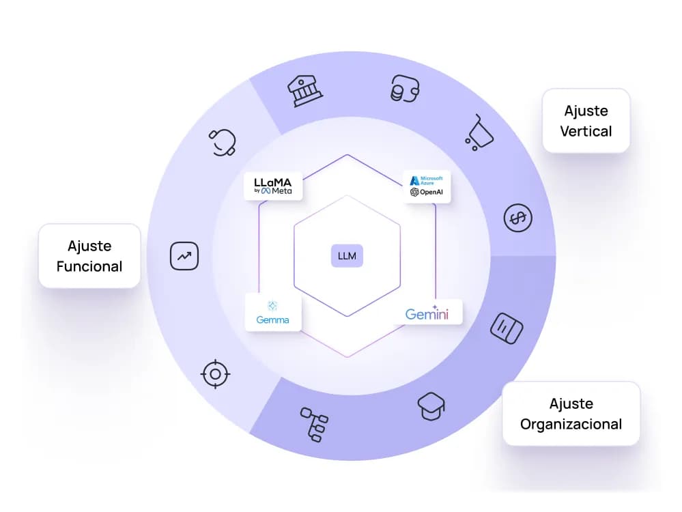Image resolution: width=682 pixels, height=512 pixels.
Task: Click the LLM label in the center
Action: click(x=347, y=257)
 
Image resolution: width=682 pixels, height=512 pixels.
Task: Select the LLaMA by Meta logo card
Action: click(x=273, y=186)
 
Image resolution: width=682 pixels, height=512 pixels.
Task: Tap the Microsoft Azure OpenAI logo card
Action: click(x=426, y=186)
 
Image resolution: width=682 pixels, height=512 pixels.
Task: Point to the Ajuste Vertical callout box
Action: click(x=585, y=120)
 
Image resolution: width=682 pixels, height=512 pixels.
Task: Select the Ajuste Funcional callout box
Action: click(x=89, y=256)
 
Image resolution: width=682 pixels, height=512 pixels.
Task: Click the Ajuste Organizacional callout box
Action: click(x=571, y=414)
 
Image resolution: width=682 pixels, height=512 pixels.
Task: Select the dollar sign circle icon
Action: click(x=518, y=218)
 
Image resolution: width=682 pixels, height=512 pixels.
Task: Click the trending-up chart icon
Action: click(x=184, y=256)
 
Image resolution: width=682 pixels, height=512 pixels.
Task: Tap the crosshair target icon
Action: click(x=216, y=373)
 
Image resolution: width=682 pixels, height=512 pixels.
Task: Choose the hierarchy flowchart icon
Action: click(x=314, y=423)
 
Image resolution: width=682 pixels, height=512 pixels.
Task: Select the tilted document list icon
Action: click(x=507, y=328)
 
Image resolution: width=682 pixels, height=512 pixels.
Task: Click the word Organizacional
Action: click(x=571, y=424)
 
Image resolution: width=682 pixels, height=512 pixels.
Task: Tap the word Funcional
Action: click(x=89, y=266)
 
